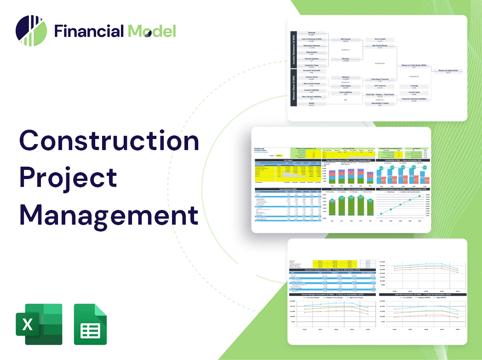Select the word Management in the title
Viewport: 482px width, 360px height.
109,215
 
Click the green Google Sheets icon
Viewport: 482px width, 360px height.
90,324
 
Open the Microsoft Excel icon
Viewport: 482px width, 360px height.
39,324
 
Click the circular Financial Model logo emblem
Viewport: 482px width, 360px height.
31,31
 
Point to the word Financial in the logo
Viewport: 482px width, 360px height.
89,31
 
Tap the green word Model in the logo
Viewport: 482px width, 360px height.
152,31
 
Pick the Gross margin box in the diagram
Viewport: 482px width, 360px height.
379,40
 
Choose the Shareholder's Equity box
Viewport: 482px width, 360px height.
379,104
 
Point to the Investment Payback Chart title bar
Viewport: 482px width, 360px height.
403,189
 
